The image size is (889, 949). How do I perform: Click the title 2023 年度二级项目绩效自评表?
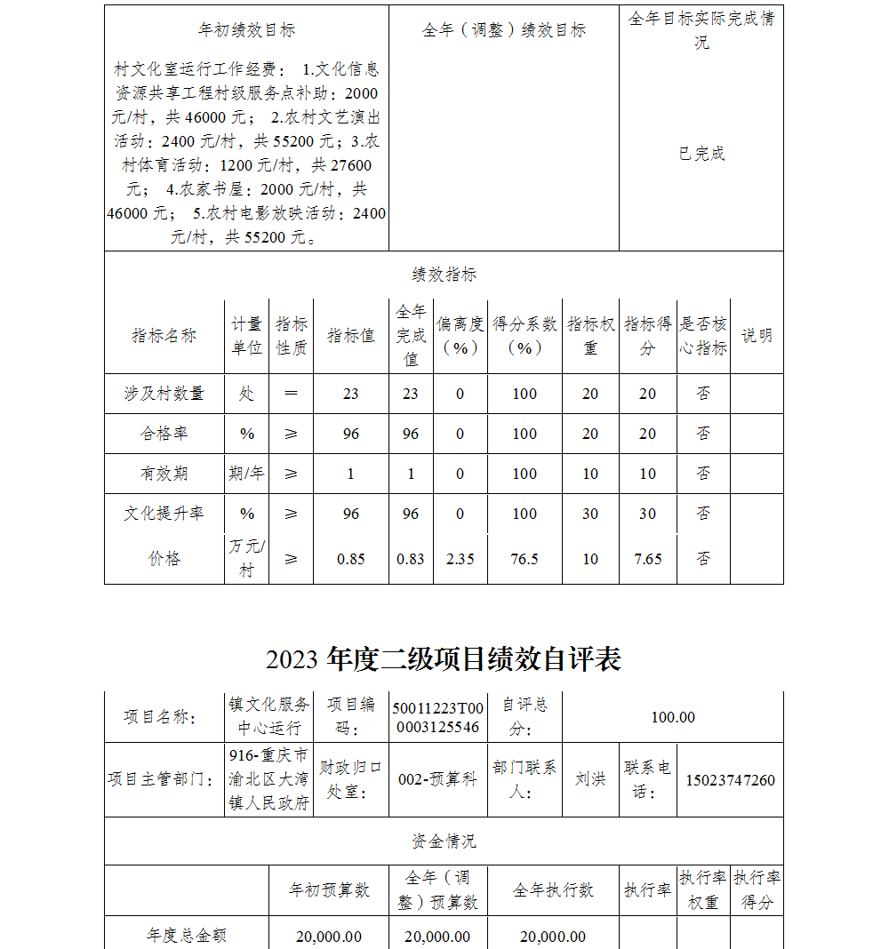pos(443,659)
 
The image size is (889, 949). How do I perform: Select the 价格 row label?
pos(164,559)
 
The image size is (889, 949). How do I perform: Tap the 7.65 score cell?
pos(647,559)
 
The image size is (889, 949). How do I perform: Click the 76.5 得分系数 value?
pos(525,559)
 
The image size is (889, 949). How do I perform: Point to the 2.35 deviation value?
pos(460,559)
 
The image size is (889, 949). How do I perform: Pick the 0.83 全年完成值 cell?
pos(411,559)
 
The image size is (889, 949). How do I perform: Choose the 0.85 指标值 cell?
pos(351,559)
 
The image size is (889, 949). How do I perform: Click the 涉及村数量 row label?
pos(164,394)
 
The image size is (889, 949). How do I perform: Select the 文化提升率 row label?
pos(164,514)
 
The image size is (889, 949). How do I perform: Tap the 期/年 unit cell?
pos(246,474)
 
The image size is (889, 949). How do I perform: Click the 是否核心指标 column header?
pos(703,336)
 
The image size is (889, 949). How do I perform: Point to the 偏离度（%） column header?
pos(460,336)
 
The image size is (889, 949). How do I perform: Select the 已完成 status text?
pos(701,154)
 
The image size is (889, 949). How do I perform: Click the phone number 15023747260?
pos(730,780)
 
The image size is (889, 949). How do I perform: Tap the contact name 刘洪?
pos(590,779)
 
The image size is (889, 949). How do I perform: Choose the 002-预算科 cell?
pos(437,779)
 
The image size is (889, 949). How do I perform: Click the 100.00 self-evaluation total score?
pos(673,717)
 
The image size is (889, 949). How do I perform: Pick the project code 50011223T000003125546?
pos(437,717)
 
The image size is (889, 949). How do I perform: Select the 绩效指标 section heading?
pos(444,275)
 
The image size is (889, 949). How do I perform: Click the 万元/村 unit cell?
pos(246,558)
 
